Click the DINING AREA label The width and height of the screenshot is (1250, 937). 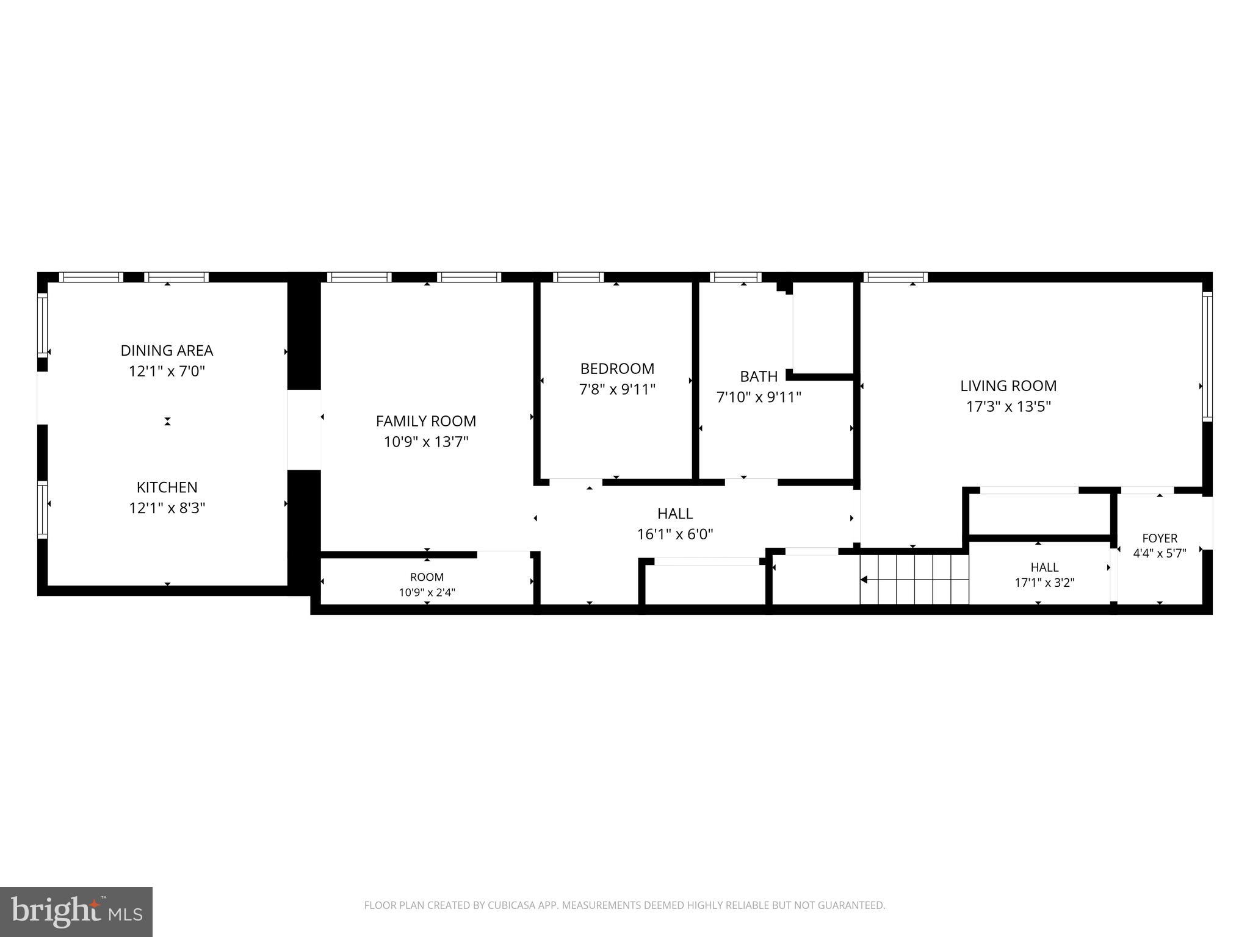[x=167, y=351]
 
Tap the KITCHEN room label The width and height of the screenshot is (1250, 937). [x=167, y=487]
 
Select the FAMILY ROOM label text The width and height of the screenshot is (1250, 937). [x=426, y=421]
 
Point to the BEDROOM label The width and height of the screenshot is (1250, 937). [x=617, y=368]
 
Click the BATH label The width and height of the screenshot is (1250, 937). [x=759, y=376]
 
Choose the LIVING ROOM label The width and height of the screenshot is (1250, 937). [x=1008, y=386]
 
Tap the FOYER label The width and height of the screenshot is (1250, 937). [x=1160, y=539]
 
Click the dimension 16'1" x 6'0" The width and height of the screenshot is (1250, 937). [x=675, y=534]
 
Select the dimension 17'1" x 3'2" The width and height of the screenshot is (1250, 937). [x=1044, y=583]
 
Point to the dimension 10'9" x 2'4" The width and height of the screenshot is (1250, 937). [x=427, y=592]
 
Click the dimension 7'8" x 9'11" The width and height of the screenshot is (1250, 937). [x=617, y=389]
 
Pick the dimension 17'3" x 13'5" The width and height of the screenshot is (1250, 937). [x=1008, y=406]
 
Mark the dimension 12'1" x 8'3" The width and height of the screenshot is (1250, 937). [x=167, y=508]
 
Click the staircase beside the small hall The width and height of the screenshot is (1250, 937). [x=914, y=580]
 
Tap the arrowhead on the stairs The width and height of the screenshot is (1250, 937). [x=864, y=580]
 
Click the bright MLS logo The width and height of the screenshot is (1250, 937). [x=76, y=911]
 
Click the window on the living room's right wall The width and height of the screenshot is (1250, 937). [x=1207, y=357]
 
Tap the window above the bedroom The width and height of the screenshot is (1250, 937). [x=579, y=277]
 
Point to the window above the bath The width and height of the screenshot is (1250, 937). [x=737, y=277]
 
